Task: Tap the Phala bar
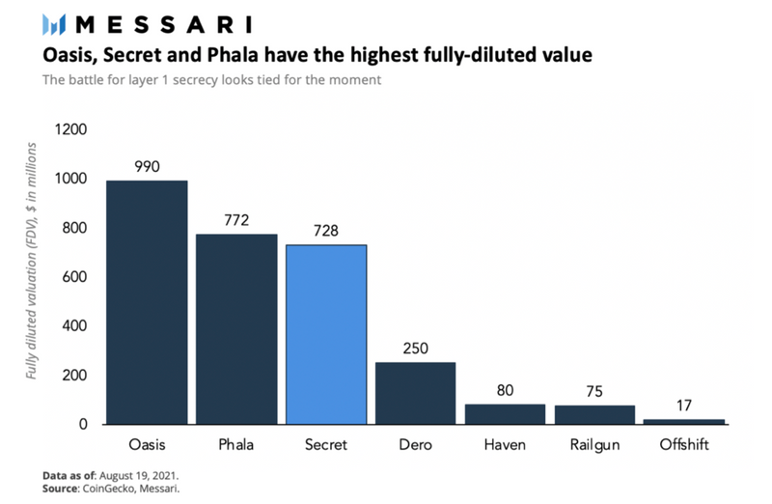click(236, 328)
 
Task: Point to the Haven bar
click(505, 413)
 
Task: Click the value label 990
click(147, 167)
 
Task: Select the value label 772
click(236, 220)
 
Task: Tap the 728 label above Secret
click(326, 231)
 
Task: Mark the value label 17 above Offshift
click(684, 405)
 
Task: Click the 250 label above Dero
click(415, 348)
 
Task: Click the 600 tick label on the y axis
click(75, 277)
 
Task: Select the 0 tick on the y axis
click(84, 424)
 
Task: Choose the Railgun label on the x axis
click(594, 445)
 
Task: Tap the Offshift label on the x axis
click(684, 445)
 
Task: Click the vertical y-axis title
click(32, 260)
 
